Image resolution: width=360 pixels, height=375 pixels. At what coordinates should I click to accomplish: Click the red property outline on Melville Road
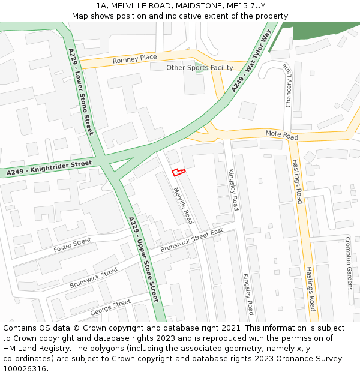[179, 173]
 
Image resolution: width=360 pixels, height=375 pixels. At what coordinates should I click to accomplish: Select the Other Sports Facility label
[200, 68]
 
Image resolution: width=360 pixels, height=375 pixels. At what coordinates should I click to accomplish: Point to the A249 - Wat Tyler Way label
[251, 60]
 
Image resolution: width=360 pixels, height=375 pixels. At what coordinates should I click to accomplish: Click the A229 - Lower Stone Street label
[81, 91]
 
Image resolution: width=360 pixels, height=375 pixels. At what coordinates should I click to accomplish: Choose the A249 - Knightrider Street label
[49, 168]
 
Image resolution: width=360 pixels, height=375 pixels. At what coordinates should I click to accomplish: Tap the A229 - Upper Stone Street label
[143, 259]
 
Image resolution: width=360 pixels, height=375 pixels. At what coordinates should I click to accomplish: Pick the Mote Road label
[282, 136]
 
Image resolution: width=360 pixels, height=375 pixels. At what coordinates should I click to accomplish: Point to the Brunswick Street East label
[191, 240]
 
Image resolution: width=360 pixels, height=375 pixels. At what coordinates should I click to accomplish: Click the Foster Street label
[72, 244]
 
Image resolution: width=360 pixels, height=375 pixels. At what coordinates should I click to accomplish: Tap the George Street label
[110, 307]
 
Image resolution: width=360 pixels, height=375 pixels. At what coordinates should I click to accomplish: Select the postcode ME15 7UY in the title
[247, 6]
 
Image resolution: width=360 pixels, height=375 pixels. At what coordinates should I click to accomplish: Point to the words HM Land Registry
[31, 348]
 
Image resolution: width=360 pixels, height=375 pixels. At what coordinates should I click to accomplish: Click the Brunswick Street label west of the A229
[94, 277]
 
